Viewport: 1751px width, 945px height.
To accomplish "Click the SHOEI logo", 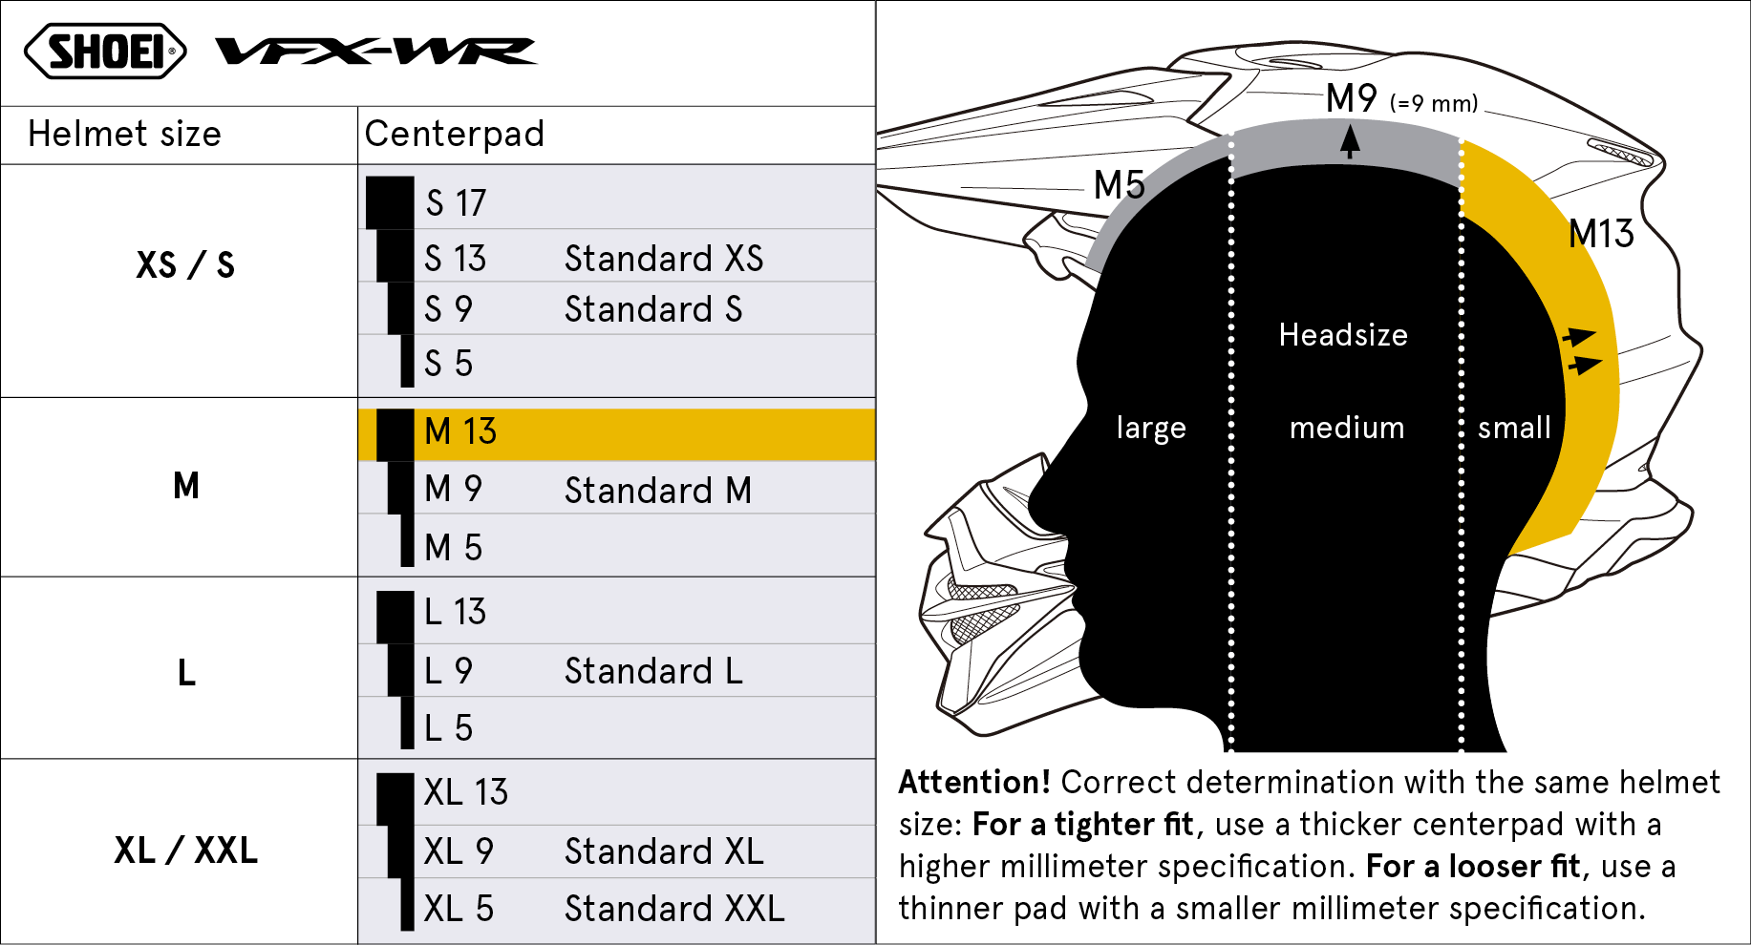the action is (105, 51).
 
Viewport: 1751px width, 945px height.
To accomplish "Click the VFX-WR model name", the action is (376, 51).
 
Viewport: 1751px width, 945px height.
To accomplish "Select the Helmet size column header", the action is (124, 134).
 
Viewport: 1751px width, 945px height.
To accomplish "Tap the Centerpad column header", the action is (455, 134).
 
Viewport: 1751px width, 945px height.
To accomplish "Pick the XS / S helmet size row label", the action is (185, 264).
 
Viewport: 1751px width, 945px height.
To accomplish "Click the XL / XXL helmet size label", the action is (185, 850).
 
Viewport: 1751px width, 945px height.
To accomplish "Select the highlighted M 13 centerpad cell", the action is (617, 434).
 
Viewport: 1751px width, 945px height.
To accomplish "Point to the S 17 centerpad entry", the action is (456, 202).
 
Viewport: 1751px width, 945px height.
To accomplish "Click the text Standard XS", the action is (664, 258).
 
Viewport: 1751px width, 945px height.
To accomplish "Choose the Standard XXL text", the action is (674, 908).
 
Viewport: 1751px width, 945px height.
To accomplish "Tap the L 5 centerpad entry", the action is (448, 727).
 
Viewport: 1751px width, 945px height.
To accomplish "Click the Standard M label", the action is (658, 490).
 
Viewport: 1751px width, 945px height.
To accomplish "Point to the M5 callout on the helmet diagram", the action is (1119, 184).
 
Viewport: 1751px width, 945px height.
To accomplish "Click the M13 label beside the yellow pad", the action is (1601, 234).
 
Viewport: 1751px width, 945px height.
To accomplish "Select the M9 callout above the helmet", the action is (1351, 98).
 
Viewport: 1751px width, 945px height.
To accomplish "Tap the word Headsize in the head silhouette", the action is (1343, 334).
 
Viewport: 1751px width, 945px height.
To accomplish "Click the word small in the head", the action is (1514, 427).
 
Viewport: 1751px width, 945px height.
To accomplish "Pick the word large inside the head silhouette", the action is (1151, 429).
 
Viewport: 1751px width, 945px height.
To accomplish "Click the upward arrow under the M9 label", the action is (1350, 142).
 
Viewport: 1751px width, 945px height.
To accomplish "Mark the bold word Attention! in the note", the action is (974, 782).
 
